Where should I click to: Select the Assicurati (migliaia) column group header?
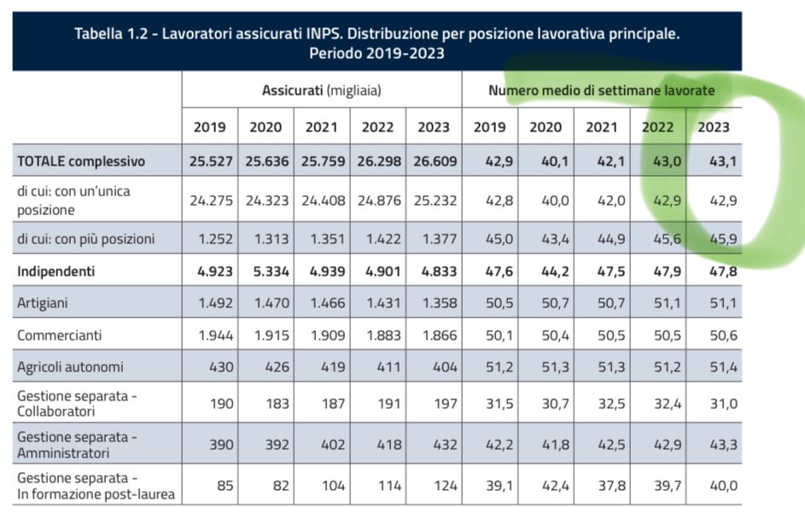(x=321, y=90)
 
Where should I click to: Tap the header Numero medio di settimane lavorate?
(x=601, y=90)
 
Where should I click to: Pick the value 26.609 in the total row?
(x=433, y=161)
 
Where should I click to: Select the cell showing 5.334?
(x=265, y=271)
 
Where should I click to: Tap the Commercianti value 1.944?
(x=209, y=335)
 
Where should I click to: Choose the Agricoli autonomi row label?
(x=70, y=367)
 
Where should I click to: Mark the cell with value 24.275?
(x=209, y=200)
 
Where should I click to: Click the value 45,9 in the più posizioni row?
(x=714, y=239)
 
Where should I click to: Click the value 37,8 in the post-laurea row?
(x=602, y=487)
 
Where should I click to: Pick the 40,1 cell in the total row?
(x=545, y=161)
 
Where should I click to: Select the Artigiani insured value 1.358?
(x=433, y=303)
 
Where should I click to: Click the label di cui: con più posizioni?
(x=85, y=239)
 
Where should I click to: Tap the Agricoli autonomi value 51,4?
(x=714, y=367)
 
